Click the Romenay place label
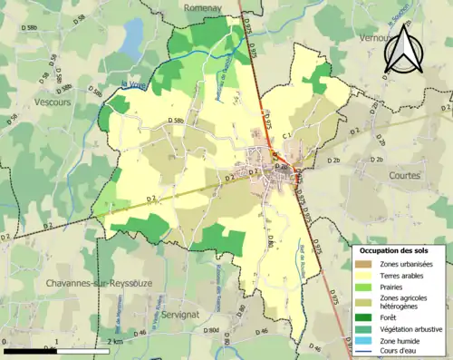tap(203, 7)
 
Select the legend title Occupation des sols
tap(395, 249)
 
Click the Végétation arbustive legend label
tap(407, 328)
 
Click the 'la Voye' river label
tap(134, 85)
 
